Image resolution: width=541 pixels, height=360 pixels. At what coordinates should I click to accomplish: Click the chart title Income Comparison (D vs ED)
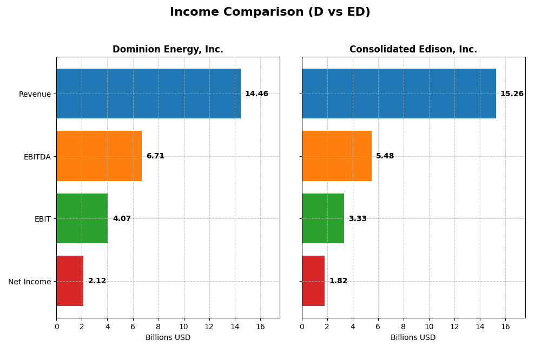[270, 12]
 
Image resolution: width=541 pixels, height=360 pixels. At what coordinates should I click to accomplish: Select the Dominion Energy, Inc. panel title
[168, 49]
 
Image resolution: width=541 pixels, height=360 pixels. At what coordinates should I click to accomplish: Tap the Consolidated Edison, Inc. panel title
[413, 49]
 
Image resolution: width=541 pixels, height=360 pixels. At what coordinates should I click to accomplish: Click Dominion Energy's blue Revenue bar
[148, 94]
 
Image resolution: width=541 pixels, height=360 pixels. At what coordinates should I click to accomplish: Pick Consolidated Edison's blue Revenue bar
[399, 94]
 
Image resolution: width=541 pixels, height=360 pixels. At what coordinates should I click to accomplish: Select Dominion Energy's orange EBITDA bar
[99, 156]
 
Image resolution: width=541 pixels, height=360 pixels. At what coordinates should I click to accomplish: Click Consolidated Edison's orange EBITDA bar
[337, 156]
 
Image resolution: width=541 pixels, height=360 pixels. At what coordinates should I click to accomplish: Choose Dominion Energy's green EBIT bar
[82, 218]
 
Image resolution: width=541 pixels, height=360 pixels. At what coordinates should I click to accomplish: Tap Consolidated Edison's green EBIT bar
[323, 218]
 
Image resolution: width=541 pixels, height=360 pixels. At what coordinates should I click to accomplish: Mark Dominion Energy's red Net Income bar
[70, 281]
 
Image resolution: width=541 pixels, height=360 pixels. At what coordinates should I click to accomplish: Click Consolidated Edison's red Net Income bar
[313, 281]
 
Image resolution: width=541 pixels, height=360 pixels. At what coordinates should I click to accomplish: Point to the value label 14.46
[256, 94]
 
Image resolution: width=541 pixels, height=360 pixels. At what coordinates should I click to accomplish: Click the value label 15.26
[512, 94]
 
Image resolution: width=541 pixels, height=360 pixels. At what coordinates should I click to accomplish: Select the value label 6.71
[155, 156]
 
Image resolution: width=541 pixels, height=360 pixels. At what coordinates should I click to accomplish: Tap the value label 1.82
[338, 281]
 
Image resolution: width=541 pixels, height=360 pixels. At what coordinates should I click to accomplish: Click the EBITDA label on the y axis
[37, 157]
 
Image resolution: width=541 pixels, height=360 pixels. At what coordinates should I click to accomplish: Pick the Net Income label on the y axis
[29, 282]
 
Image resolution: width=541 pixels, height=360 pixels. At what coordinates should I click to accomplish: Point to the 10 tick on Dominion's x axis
[184, 327]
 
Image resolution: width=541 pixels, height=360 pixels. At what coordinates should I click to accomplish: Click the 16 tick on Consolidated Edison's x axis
[505, 327]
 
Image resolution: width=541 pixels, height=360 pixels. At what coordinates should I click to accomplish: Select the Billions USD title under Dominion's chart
[168, 338]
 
